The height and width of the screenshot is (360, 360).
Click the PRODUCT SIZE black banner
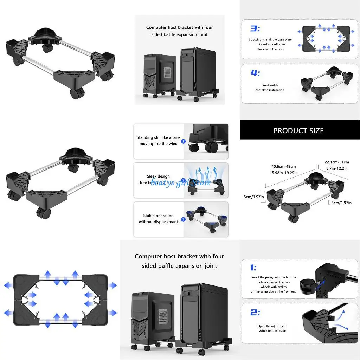coord(299,130)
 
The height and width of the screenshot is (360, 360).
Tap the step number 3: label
coord(255,29)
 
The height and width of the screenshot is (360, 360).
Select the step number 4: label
coord(255,73)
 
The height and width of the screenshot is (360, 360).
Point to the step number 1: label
coord(253,268)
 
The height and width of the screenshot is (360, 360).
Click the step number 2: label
coord(255,312)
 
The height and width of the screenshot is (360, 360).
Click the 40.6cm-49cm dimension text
coord(283,166)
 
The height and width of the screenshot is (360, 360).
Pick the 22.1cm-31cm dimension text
coord(336,162)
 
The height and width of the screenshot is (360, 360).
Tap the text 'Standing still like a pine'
coord(158,137)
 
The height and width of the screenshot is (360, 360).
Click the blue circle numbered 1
coord(183,141)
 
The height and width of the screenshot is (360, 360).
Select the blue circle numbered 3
coord(183,220)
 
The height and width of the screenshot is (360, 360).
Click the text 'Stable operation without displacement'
coord(158,219)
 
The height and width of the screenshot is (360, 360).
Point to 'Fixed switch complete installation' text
coord(270,88)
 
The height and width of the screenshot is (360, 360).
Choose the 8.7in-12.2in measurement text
coord(336,168)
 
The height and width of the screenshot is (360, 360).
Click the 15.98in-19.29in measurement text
coord(283,173)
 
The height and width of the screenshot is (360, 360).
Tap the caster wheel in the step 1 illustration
coord(307,284)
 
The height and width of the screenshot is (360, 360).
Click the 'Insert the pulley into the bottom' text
coord(274,277)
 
